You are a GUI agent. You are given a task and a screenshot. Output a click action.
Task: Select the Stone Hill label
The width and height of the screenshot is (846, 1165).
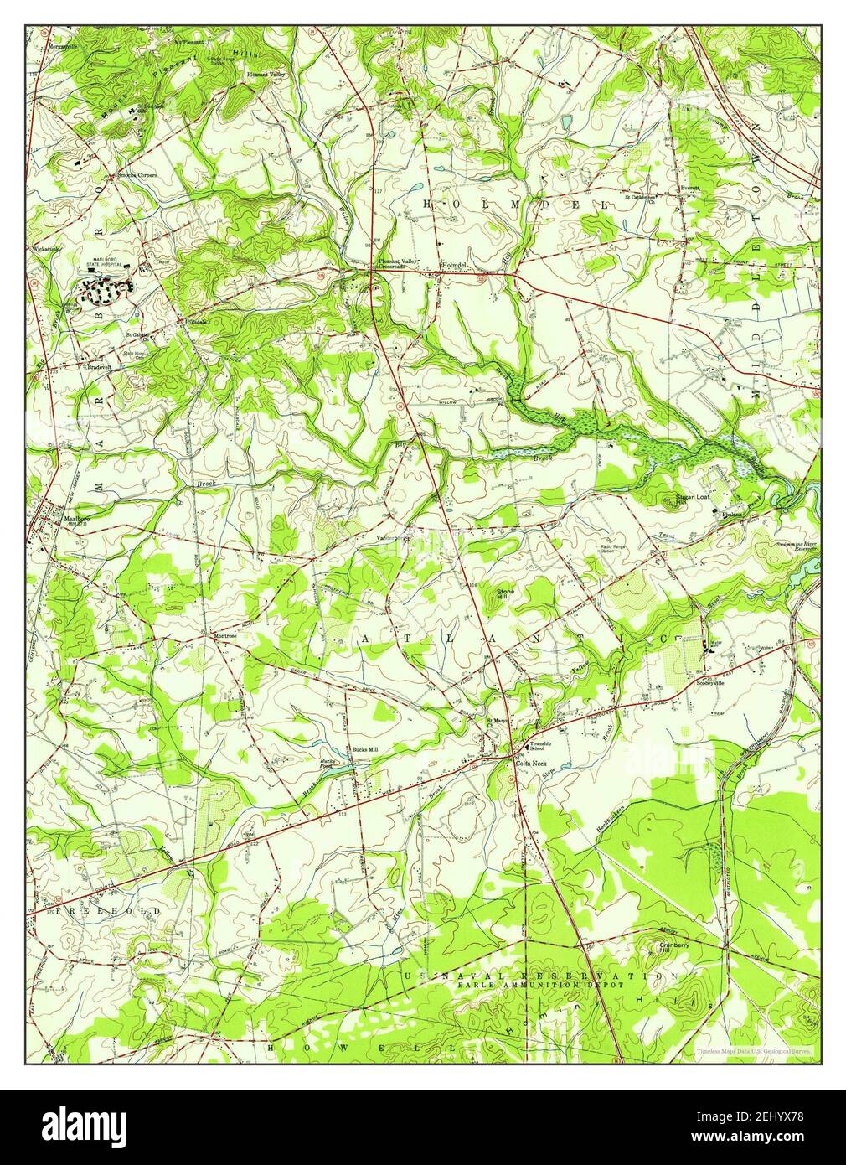coord(508,593)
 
